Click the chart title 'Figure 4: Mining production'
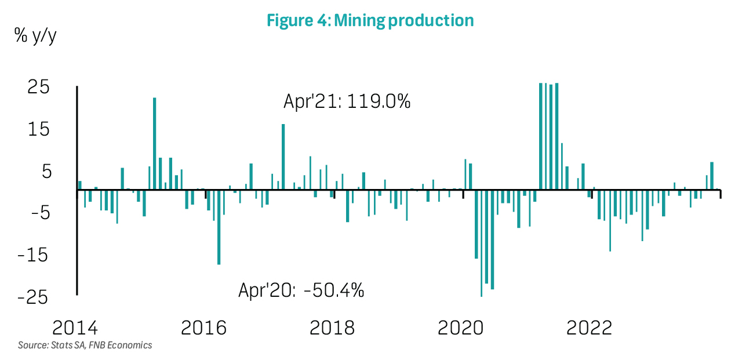(x=370, y=21)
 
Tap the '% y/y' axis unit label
(x=36, y=36)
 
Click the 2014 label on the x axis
(x=75, y=328)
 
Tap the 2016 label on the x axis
(x=204, y=328)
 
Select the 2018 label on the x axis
(x=332, y=328)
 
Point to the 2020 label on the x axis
(x=460, y=328)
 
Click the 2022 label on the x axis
(x=589, y=328)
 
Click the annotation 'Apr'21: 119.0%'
(x=347, y=102)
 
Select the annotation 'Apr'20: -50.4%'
(x=301, y=289)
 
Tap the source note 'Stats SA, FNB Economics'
(x=85, y=346)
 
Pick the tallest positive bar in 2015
(x=155, y=143)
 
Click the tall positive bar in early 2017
(x=283, y=157)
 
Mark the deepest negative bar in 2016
(x=219, y=227)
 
